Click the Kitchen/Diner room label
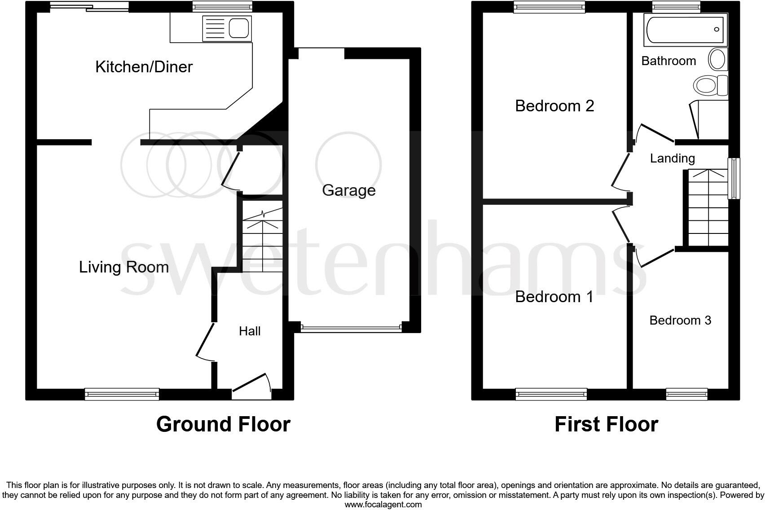click(x=144, y=67)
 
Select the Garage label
click(x=349, y=190)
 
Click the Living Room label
click(x=124, y=267)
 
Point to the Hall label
click(x=250, y=331)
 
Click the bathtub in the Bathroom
click(x=685, y=30)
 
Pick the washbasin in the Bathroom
click(x=717, y=59)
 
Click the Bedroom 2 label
click(x=554, y=106)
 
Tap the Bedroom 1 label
click(x=554, y=297)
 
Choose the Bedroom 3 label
click(x=680, y=320)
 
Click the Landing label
click(x=672, y=158)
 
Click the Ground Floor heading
click(x=223, y=424)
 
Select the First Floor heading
click(x=606, y=424)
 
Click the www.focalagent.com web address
click(x=383, y=504)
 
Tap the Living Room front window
click(x=122, y=394)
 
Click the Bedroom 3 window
click(x=687, y=394)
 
